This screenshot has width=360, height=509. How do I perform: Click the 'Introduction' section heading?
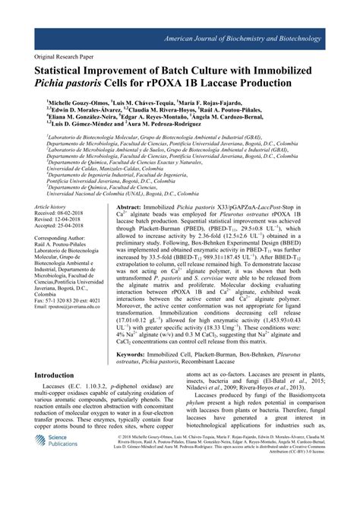pyautogui.click(x=64, y=396)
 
